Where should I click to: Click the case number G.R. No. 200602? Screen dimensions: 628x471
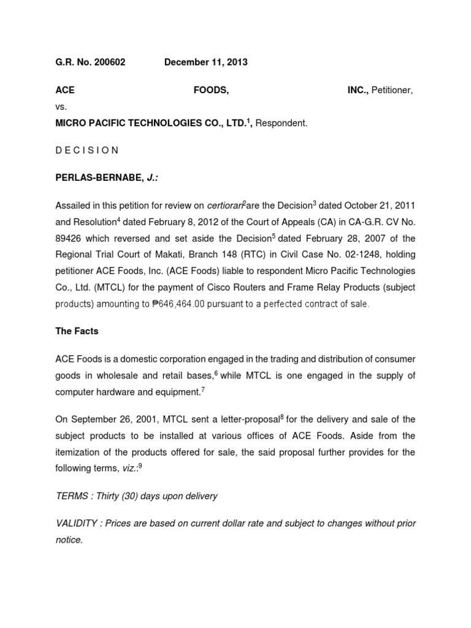point(90,63)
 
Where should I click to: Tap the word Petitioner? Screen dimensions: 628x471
point(391,90)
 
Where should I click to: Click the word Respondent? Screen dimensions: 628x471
point(281,123)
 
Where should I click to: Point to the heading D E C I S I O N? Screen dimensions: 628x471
point(88,150)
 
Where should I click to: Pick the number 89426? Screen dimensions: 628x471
point(69,239)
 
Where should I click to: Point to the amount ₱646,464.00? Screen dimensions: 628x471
point(173,304)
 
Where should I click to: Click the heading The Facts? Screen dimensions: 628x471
point(77,331)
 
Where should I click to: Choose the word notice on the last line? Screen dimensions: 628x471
point(69,540)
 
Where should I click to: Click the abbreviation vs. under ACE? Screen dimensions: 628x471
point(61,107)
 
